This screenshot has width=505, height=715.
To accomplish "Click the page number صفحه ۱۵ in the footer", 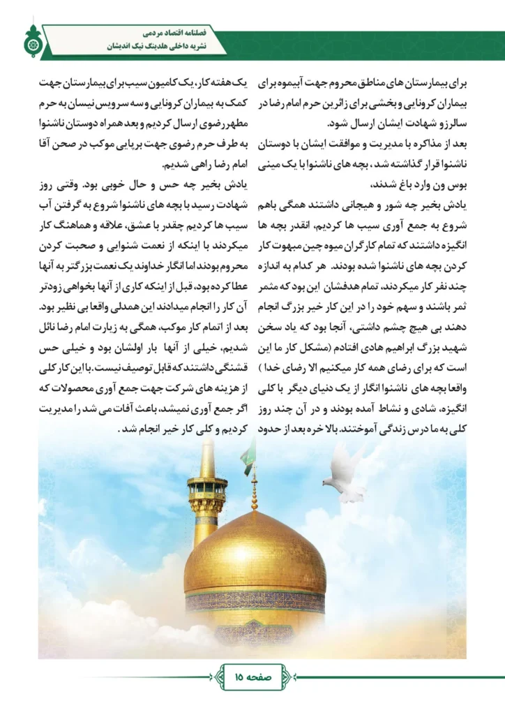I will click(252, 676).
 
